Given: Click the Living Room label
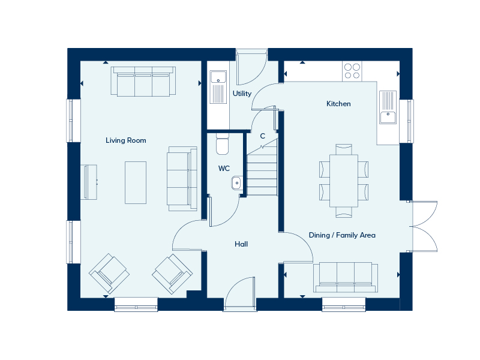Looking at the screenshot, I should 126,140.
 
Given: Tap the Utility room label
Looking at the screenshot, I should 242,94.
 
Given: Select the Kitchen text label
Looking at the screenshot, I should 338,104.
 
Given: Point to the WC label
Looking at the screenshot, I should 224,169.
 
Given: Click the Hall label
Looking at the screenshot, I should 241,244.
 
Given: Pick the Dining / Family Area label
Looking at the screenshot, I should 342,235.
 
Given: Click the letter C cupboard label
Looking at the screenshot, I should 262,136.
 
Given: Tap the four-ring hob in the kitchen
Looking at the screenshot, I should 352,71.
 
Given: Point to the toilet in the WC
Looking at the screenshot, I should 223,145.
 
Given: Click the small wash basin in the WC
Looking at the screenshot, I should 236,182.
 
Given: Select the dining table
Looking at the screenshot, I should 344,180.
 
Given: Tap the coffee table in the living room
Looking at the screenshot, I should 135,182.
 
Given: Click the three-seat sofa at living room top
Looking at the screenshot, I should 143,82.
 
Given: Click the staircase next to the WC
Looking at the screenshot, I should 263,171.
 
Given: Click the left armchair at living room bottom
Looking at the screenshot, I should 109,273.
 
